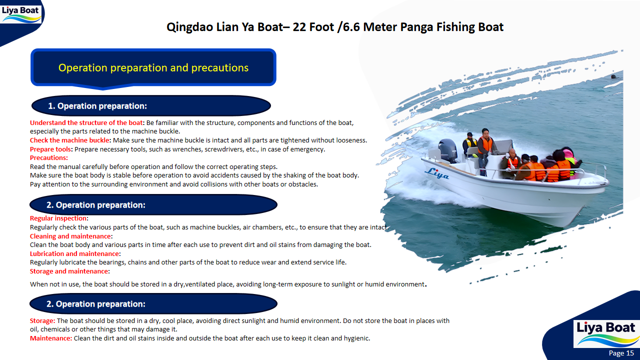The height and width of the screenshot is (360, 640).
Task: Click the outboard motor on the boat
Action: [447, 150]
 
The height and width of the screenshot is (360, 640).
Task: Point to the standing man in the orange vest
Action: [483, 147]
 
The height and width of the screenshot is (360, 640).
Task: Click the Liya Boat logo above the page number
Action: [605, 333]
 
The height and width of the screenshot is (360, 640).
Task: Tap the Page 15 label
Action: [621, 353]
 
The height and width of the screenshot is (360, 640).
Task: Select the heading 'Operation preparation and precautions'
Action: [153, 67]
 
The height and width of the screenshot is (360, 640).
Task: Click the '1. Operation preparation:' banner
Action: [97, 106]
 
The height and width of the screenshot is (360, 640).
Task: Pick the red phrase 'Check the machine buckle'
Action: [69, 140]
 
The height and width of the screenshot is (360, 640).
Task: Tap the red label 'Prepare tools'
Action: [51, 149]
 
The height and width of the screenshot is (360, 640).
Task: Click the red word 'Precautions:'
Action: [49, 158]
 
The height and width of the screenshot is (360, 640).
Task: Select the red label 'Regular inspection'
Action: [58, 218]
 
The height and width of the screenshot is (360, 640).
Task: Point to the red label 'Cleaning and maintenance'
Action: [70, 236]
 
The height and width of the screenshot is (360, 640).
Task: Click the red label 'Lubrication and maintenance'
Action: [74, 254]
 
